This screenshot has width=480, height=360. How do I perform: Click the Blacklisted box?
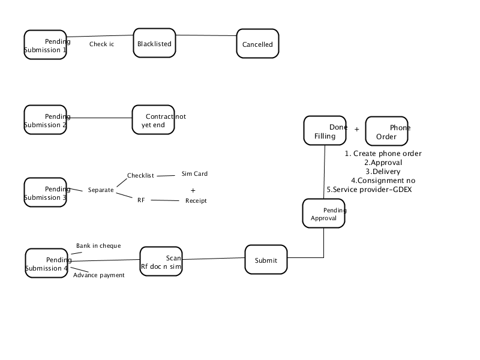154,43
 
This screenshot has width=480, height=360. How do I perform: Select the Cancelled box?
257,43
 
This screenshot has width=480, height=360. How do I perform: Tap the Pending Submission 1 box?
46,44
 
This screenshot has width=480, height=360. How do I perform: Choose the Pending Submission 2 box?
46,119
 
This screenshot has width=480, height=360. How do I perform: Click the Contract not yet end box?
154,119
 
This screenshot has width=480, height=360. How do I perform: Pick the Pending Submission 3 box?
46,192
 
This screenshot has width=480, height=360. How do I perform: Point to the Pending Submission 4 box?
47,263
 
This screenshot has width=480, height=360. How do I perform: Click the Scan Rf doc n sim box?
161,262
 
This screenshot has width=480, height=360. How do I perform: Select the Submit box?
266,260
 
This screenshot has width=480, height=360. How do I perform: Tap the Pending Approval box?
323,214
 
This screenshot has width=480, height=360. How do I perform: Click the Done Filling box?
325,130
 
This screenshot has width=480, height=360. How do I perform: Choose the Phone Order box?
386,131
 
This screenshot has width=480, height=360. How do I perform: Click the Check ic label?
101,44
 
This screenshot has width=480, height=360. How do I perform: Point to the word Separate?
101,190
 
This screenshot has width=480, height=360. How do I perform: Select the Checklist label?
140,175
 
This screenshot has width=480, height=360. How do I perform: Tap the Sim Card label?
194,173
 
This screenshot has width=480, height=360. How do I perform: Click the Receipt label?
196,200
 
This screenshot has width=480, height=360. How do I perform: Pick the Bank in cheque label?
98,245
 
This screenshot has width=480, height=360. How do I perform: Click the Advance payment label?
99,275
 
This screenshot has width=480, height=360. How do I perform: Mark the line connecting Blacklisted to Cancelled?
206,35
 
